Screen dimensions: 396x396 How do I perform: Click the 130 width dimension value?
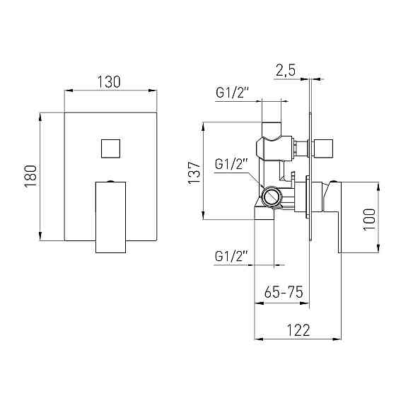(x=109, y=81)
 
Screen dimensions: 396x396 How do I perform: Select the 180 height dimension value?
(x=30, y=176)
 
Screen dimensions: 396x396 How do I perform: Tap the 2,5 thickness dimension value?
(x=286, y=70)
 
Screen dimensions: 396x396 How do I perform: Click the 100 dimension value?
(x=369, y=219)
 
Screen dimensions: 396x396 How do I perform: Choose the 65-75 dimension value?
(x=284, y=292)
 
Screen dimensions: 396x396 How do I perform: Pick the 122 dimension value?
(x=298, y=330)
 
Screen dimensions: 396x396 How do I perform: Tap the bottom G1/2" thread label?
(x=230, y=256)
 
